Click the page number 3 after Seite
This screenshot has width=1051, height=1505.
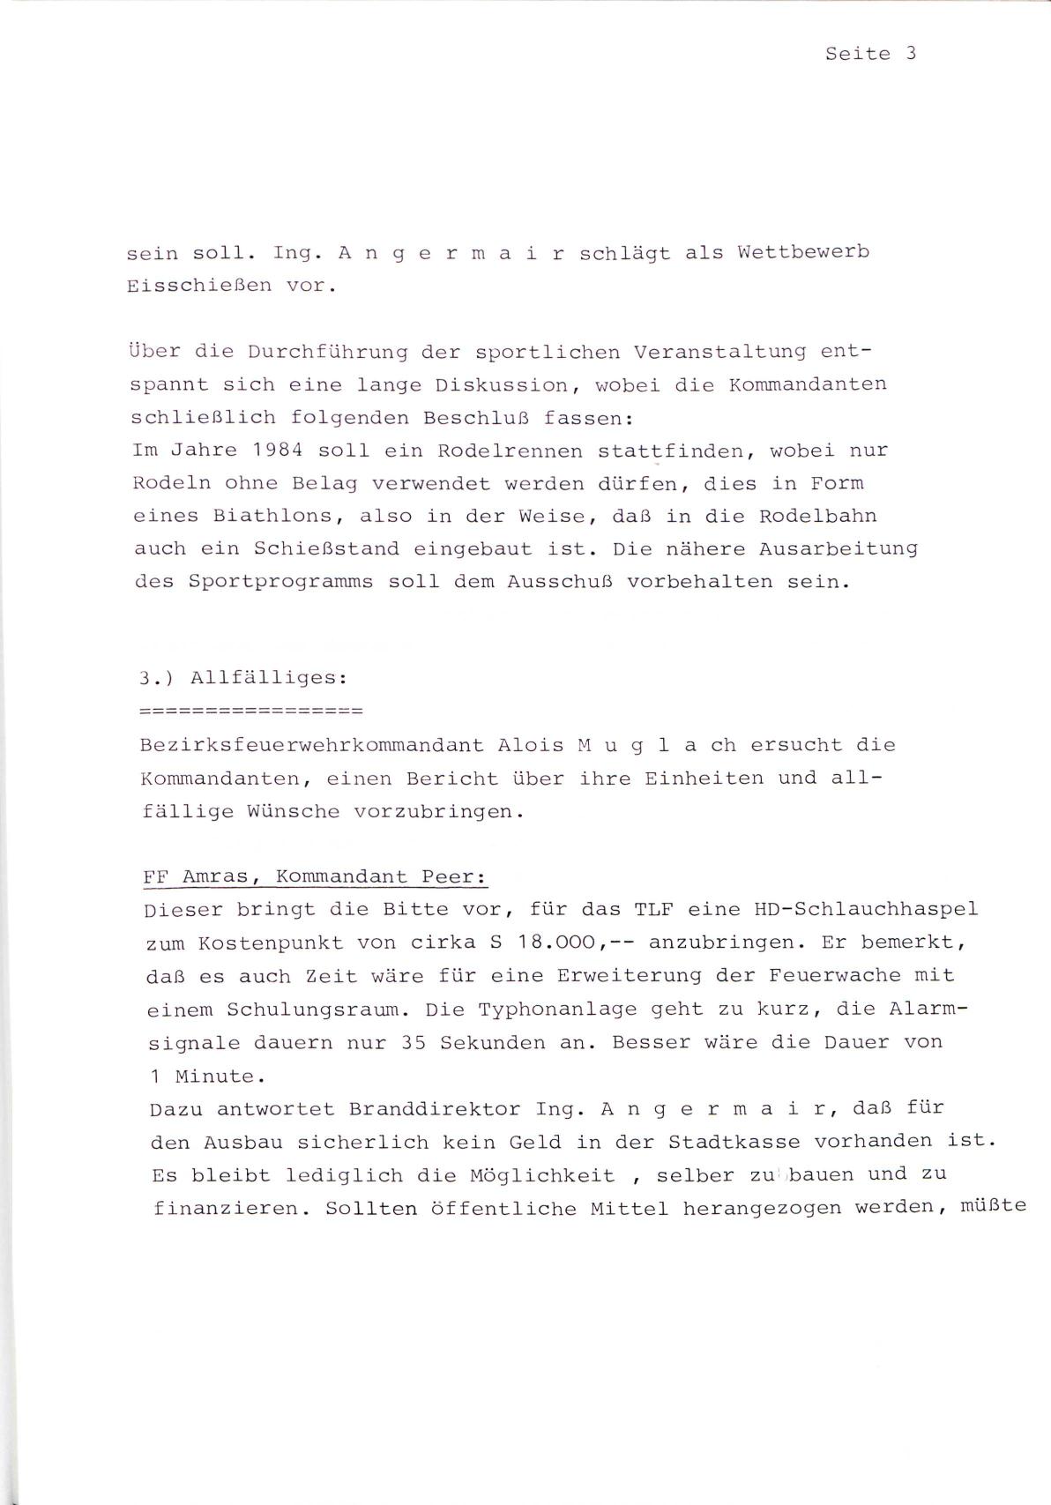tap(911, 54)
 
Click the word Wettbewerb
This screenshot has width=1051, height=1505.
tap(803, 253)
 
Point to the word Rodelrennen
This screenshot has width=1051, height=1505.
tap(510, 451)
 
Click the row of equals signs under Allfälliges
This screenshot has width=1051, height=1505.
tap(251, 710)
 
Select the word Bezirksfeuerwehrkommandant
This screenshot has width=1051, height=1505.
tap(311, 745)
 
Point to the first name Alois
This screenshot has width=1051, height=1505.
tap(530, 745)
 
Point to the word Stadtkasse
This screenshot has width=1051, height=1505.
tap(734, 1142)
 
